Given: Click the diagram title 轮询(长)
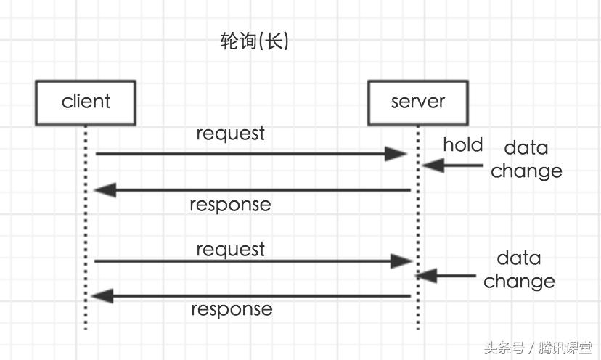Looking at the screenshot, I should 254,41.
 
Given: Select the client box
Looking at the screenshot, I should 86,102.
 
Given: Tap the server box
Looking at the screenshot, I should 418,102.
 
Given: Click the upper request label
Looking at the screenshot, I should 230,134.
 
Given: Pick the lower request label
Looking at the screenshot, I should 230,250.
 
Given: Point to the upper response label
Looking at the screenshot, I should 230,205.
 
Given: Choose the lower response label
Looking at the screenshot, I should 232,310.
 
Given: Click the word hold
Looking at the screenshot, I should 462,145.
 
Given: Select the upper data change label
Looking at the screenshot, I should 526,160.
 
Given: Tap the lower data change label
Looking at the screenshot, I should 519,270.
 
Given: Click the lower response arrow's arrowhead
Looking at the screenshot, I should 102,296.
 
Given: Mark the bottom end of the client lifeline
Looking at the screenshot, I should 86,328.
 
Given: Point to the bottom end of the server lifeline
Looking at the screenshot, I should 418,328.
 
